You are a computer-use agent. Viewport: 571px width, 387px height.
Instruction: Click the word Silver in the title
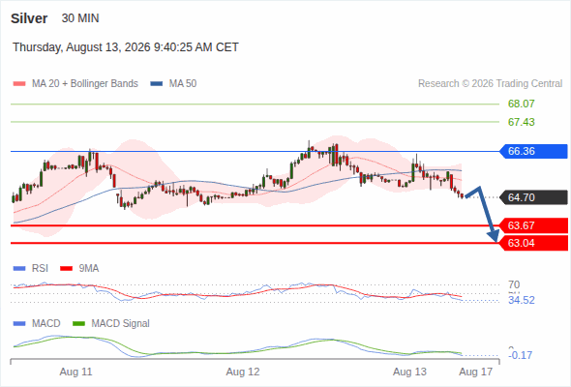click(x=29, y=18)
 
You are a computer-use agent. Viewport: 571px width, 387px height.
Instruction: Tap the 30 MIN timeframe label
click(x=80, y=18)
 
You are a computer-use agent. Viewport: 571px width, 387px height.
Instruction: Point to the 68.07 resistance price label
click(x=521, y=104)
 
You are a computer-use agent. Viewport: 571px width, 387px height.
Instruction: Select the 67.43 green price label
click(x=521, y=122)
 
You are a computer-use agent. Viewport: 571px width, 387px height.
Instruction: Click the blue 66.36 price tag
click(x=533, y=151)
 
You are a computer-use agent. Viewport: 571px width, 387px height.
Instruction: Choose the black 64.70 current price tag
click(x=533, y=197)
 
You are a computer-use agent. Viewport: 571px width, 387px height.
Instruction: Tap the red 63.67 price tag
click(x=533, y=225)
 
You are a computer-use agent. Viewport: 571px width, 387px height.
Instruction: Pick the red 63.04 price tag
click(x=533, y=243)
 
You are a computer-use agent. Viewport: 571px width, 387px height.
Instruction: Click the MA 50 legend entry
click(x=173, y=84)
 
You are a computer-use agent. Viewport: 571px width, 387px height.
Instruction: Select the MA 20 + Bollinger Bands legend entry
click(x=75, y=84)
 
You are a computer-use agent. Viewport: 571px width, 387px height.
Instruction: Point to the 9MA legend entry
click(x=79, y=268)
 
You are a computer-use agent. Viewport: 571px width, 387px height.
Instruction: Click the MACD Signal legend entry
click(x=111, y=323)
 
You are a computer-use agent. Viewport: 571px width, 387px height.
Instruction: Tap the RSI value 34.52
click(x=522, y=300)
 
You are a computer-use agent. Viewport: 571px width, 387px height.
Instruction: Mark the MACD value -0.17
click(x=520, y=355)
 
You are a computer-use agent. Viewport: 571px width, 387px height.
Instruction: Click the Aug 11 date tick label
click(x=75, y=372)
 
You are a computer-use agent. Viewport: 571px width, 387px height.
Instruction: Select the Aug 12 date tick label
click(x=243, y=372)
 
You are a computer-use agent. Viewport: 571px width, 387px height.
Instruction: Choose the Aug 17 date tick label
click(x=475, y=372)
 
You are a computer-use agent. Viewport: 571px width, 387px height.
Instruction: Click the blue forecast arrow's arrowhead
click(x=495, y=237)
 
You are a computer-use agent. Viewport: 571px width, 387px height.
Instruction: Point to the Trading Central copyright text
click(x=490, y=84)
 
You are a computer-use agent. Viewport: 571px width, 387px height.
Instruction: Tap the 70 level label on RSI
click(x=514, y=284)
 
